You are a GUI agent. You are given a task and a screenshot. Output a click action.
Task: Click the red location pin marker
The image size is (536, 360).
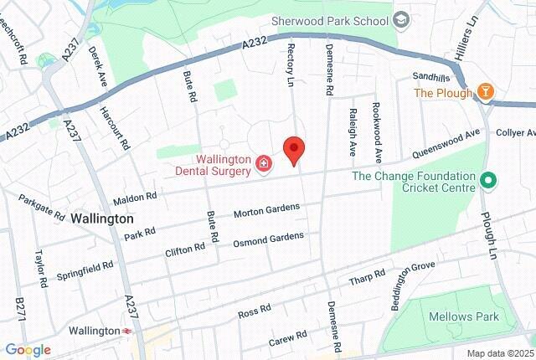pos(293,150)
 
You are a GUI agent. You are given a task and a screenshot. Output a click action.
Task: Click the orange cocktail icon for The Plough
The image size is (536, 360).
pos(486,91)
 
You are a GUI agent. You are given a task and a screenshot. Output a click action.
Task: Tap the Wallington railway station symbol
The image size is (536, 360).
pos(126,331)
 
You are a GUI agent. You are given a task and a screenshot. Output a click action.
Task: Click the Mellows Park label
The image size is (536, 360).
pos(463,316)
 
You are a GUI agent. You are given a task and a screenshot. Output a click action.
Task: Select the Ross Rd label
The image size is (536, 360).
pos(255,311)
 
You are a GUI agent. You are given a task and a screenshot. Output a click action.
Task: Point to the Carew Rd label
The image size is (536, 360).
pos(288,339)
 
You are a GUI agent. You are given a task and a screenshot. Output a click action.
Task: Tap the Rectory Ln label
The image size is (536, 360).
pos(292,55)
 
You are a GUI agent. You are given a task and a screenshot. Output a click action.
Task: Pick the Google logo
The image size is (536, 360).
pos(28,350)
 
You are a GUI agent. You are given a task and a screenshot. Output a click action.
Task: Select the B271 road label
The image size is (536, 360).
pos(20,309)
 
